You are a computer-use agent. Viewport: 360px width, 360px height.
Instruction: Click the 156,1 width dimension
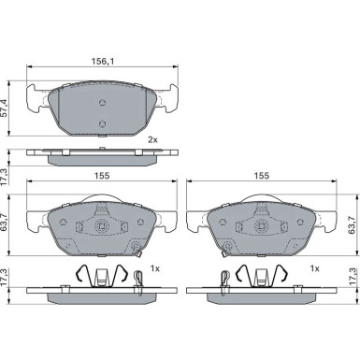(x=103, y=62)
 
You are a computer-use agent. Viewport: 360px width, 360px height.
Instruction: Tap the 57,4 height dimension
(x=4, y=108)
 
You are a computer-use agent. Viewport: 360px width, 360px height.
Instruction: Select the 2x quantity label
(x=152, y=140)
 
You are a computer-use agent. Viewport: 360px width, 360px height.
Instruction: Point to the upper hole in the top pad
(x=102, y=102)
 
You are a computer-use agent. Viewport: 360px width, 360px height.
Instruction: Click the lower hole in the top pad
(x=102, y=123)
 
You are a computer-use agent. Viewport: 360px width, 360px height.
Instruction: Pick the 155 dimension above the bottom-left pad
(x=103, y=176)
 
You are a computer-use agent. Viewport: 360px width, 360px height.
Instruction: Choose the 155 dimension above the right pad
(x=261, y=176)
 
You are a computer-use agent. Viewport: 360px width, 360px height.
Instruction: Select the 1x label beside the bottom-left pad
(x=155, y=268)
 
